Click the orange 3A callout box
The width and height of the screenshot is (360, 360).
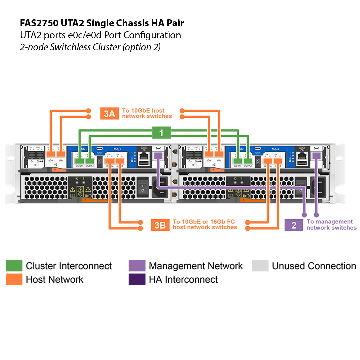click(x=109, y=114)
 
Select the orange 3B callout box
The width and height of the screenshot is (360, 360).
click(x=160, y=225)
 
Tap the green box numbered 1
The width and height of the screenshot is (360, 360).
click(x=161, y=133)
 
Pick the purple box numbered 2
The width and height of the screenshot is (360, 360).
click(x=294, y=225)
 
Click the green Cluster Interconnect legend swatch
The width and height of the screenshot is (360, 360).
click(x=14, y=266)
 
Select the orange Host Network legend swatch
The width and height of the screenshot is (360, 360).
click(x=14, y=279)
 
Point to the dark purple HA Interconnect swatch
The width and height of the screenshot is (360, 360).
click(x=137, y=279)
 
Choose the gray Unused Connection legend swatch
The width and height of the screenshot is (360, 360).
click(x=260, y=266)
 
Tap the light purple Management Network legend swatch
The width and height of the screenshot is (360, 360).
click(x=137, y=266)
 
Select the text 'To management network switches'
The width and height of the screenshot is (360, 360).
click(x=331, y=225)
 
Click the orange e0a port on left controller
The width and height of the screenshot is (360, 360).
click(x=50, y=154)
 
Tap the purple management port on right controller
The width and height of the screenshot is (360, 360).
click(x=316, y=155)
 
